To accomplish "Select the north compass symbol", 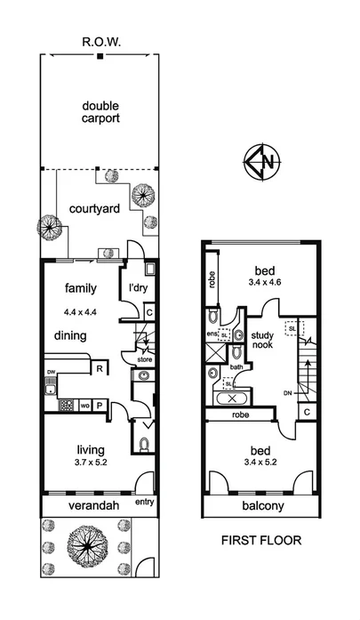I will [x=261, y=163].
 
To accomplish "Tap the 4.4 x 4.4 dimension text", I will [x=81, y=311].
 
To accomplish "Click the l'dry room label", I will [x=138, y=288].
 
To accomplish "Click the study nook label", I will [x=263, y=342].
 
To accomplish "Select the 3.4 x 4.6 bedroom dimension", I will [x=263, y=283].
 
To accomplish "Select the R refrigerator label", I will [x=100, y=368].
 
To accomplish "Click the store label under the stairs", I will [x=144, y=360].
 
